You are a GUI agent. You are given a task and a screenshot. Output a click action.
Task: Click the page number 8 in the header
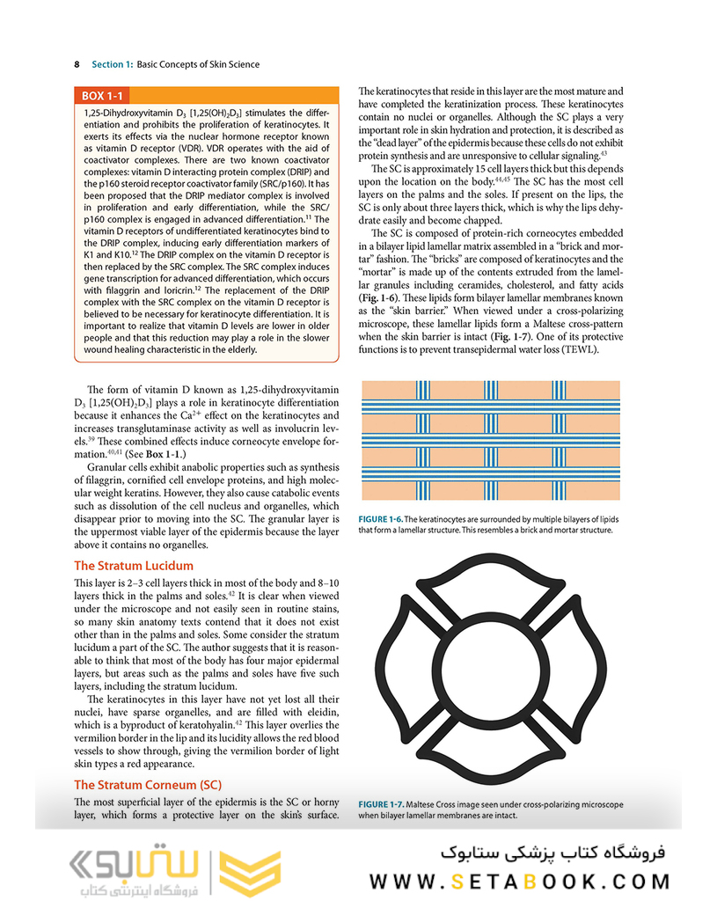pos(77,64)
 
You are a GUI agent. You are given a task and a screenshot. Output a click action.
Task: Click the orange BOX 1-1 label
pos(103,96)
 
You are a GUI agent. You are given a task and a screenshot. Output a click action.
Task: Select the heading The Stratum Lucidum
pos(134,566)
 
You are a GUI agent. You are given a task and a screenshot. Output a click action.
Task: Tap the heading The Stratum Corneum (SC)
pos(148,785)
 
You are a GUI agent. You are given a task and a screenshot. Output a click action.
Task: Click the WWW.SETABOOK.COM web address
pos(519,881)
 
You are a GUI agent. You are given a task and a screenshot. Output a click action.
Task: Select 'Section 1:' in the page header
pos(113,64)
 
